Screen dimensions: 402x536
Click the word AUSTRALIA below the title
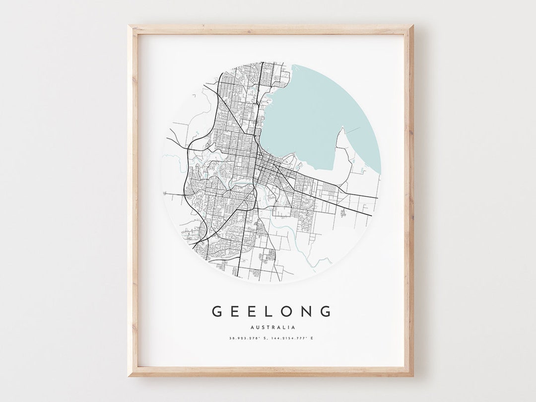pyautogui.click(x=273, y=327)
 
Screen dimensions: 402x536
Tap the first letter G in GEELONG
pyautogui.click(x=217, y=312)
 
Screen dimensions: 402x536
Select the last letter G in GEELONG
pyautogui.click(x=325, y=312)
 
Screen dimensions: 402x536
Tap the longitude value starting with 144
pyautogui.click(x=288, y=338)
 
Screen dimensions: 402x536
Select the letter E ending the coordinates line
pyautogui.click(x=312, y=338)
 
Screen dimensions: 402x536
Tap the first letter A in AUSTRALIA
pyautogui.click(x=253, y=327)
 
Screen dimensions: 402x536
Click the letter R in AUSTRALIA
pyautogui.click(x=273, y=327)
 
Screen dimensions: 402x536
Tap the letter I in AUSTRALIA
pyautogui.click(x=288, y=327)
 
